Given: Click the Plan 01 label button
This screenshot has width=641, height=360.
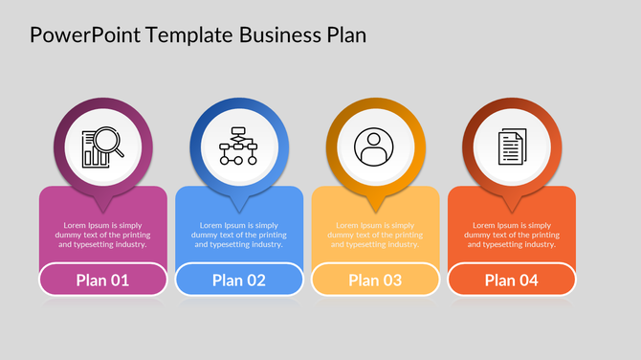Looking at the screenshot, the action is (x=102, y=280).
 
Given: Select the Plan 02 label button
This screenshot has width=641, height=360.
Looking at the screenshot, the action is (x=239, y=280).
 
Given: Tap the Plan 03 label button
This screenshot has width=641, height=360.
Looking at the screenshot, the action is (x=375, y=280).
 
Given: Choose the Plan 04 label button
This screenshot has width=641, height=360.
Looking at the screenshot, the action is (x=512, y=280).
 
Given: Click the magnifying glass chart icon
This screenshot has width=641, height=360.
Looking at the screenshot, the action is (x=103, y=148).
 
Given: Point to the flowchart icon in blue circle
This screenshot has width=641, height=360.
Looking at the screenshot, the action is (x=239, y=148).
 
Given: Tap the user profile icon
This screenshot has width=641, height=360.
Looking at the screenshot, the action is (x=375, y=148).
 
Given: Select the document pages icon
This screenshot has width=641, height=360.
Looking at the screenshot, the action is (x=512, y=148).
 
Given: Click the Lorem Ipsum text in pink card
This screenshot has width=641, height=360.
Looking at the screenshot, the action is (x=102, y=235).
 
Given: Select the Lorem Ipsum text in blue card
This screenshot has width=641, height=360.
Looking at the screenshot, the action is (x=239, y=235).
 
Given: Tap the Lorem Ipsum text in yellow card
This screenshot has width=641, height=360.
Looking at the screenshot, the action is (x=375, y=235).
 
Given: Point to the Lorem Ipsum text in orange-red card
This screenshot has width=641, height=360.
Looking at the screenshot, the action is (x=512, y=235).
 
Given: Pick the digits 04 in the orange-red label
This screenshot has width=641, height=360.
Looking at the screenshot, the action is (x=528, y=280).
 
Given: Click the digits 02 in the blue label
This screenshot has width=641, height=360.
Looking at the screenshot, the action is (x=255, y=280).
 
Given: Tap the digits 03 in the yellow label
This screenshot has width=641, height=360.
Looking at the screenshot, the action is (x=391, y=280).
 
